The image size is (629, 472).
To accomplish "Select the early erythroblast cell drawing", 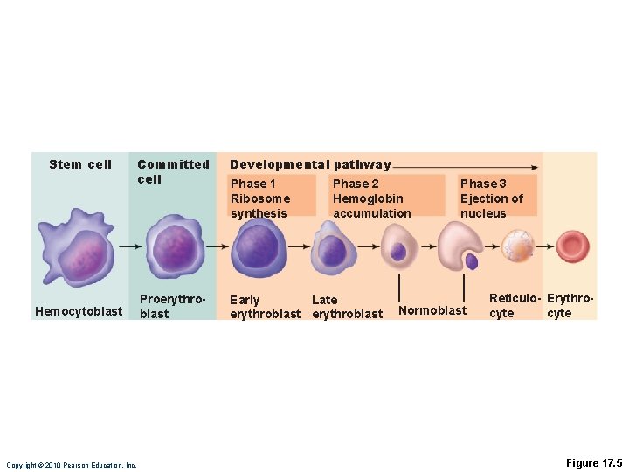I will (257, 246).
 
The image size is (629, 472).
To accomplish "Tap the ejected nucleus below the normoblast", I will (472, 260).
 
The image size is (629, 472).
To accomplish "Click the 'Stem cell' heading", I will (80, 164).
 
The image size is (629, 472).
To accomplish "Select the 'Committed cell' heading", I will (173, 171).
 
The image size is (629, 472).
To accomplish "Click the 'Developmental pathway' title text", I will (310, 164).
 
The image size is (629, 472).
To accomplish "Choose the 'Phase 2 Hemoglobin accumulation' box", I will (372, 198).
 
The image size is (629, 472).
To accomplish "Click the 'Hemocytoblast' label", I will (79, 311).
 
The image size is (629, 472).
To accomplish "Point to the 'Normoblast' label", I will (432, 309).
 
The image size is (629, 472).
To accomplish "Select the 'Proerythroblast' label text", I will (173, 306).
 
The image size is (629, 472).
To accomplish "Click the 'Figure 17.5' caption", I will (594, 462).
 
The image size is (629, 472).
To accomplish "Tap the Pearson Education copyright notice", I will (71, 465).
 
